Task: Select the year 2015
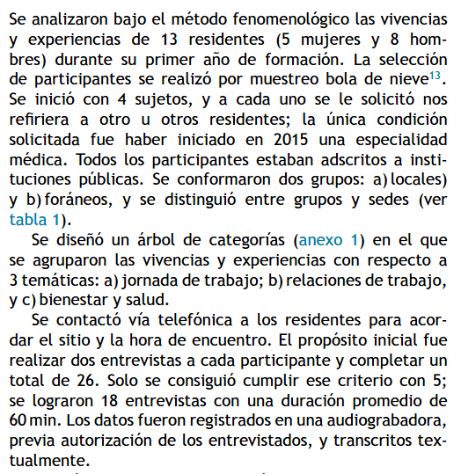tap(291, 139)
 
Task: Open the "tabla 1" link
tap(34, 221)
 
